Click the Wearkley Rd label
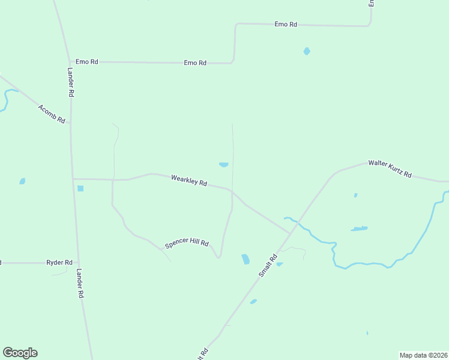click(188, 181)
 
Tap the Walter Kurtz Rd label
click(390, 169)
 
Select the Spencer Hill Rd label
click(187, 244)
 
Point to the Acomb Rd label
click(51, 114)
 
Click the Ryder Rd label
click(59, 263)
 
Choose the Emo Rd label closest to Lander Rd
click(86, 62)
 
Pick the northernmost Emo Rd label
click(286, 24)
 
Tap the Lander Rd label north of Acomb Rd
click(70, 82)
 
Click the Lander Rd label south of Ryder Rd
click(79, 284)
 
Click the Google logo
click(20, 353)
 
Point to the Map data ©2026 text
click(423, 355)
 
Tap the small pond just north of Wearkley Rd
click(223, 164)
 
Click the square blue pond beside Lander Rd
click(80, 188)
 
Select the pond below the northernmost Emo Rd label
click(307, 52)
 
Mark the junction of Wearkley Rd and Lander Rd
click(73, 179)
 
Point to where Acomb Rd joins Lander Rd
click(71, 124)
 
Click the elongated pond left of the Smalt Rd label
click(245, 259)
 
